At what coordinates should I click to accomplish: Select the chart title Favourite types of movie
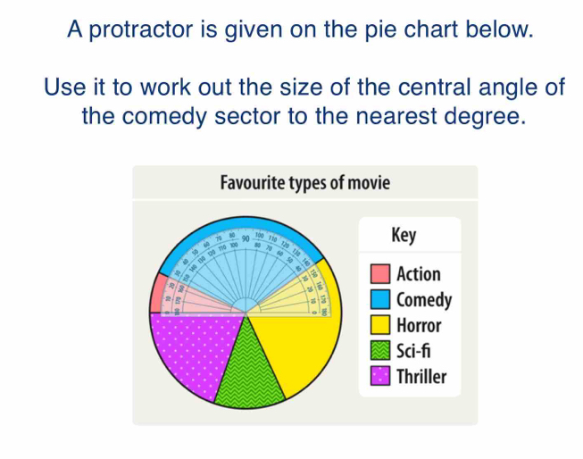304,183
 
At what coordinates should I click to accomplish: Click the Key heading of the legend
404,236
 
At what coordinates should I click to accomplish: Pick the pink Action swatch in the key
381,274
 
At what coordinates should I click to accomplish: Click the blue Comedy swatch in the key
381,299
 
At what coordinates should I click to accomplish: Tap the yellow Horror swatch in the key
381,324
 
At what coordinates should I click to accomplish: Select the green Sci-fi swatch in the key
381,350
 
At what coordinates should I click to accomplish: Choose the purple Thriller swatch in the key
381,376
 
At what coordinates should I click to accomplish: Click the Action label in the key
419,274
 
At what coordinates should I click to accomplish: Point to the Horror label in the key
420,325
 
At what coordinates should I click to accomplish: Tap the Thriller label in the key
422,376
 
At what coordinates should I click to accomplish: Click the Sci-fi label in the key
416,350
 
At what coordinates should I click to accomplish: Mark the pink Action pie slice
160,292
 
